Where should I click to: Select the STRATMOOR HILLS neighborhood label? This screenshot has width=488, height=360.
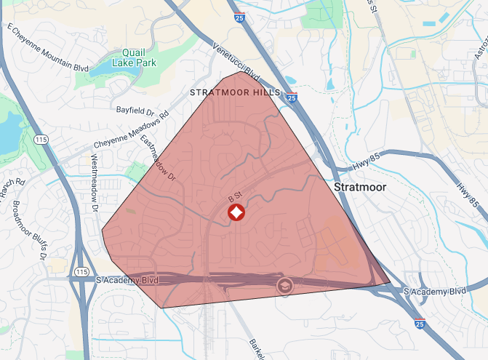click(234, 93)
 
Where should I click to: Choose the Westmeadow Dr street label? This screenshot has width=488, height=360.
click(95, 183)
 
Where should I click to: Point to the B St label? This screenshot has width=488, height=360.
click(234, 197)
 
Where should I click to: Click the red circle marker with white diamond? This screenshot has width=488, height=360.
click(236, 213)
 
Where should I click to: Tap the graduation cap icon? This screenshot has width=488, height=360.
click(284, 285)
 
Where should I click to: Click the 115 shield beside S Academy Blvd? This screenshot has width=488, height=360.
click(81, 271)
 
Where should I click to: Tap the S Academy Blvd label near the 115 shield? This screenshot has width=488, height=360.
click(127, 279)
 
